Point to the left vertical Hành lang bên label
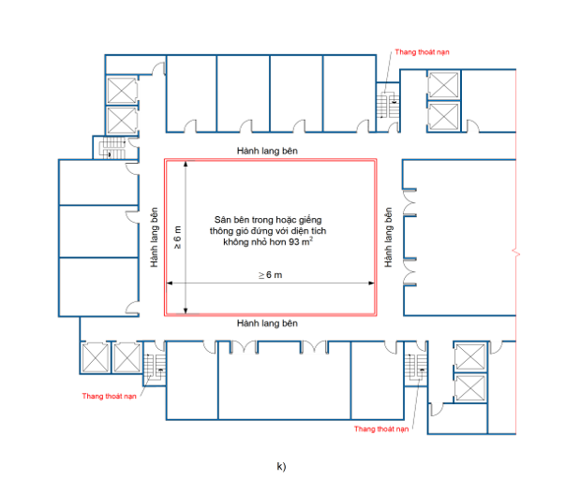coord(154,238)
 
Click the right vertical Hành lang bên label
coord(386,238)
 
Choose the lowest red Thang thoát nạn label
coord(382,428)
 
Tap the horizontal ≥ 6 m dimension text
coord(270,274)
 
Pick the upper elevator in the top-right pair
coord(441,86)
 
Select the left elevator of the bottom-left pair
coord(96,356)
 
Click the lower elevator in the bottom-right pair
coord(468,386)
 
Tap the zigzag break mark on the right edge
coord(514,251)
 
